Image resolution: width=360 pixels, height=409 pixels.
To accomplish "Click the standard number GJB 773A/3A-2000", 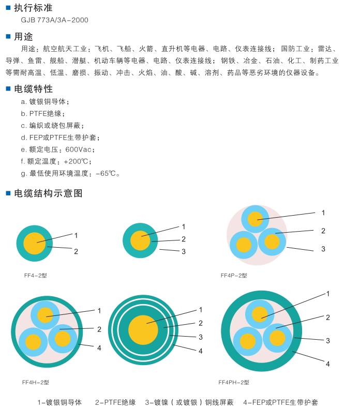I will (54, 20).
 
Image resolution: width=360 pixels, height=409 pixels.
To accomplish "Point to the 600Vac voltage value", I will (79, 149).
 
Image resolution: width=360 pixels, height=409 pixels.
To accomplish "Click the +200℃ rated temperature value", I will (78, 161).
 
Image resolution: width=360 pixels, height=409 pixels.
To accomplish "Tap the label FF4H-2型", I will (35, 382).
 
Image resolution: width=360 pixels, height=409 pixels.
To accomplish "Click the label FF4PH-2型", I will (234, 383).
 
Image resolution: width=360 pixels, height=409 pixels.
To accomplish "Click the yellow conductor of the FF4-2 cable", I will (34, 243).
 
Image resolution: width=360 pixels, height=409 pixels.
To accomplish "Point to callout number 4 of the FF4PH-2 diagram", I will (327, 364).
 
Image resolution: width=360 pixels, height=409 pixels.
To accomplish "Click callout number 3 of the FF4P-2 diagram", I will (323, 249).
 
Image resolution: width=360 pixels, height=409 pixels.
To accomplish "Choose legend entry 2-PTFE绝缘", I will (115, 402).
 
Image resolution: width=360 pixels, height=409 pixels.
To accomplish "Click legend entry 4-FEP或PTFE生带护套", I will (280, 402).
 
